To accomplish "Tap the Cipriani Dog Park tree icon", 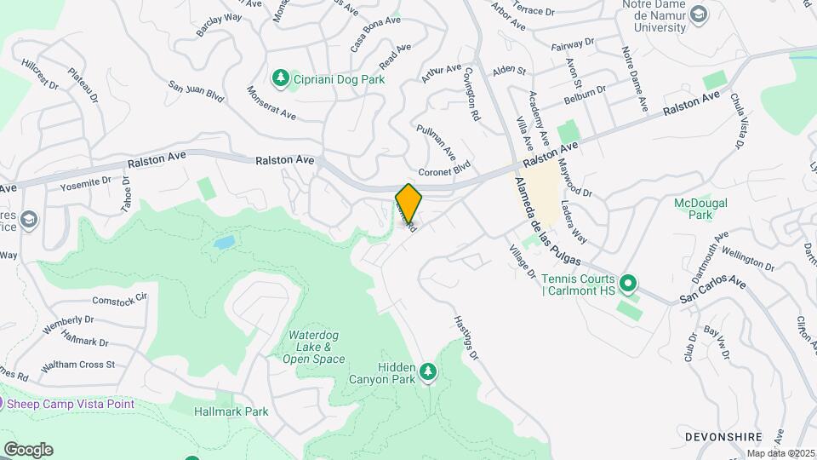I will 280,78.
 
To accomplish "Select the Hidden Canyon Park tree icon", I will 427,372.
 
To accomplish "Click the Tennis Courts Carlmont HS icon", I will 628,282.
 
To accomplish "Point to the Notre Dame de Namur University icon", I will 699,14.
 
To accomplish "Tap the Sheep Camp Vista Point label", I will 71,404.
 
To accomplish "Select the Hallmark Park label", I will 231,411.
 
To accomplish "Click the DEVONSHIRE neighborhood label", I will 723,436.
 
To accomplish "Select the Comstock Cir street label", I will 120,300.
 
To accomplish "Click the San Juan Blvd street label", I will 196,92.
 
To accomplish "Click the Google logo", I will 27,450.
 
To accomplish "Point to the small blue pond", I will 224,243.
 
